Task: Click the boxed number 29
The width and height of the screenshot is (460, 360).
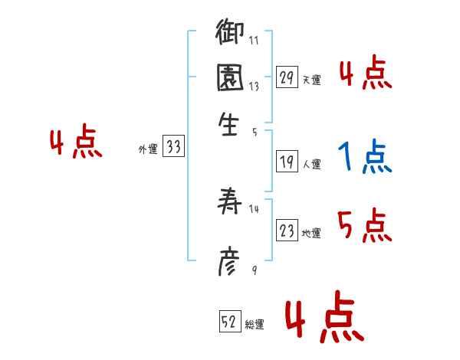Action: (x=287, y=77)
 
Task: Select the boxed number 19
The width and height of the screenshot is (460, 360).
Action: (x=287, y=162)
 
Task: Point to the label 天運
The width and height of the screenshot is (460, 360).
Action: (x=311, y=80)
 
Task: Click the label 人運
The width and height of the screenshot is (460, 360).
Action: (x=311, y=164)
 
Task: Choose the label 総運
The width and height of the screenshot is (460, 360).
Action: (x=255, y=325)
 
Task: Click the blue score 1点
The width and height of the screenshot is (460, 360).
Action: (x=364, y=158)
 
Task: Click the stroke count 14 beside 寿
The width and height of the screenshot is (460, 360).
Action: (x=255, y=209)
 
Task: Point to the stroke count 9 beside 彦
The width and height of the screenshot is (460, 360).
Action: (x=253, y=269)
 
